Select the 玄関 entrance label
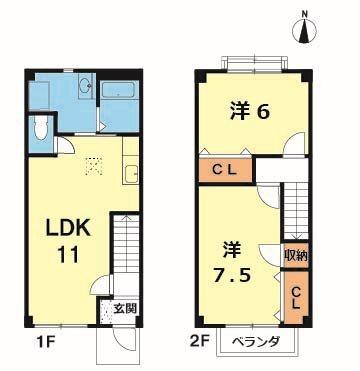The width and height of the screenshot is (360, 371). click(x=124, y=308)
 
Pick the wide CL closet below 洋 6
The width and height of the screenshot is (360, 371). click(x=229, y=170)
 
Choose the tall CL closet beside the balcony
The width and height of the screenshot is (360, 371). click(x=296, y=297)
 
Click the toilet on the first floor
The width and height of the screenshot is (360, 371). click(x=38, y=127)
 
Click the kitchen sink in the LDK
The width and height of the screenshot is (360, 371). click(x=130, y=176)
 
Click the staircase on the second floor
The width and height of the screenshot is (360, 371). click(x=297, y=205)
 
